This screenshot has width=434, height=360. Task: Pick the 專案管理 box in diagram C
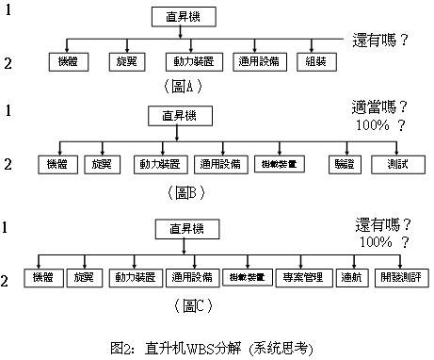tap(301, 278)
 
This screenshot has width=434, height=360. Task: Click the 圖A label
tap(182, 87)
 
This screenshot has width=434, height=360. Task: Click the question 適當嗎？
tap(380, 108)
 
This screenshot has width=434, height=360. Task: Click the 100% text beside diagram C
tap(374, 242)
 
